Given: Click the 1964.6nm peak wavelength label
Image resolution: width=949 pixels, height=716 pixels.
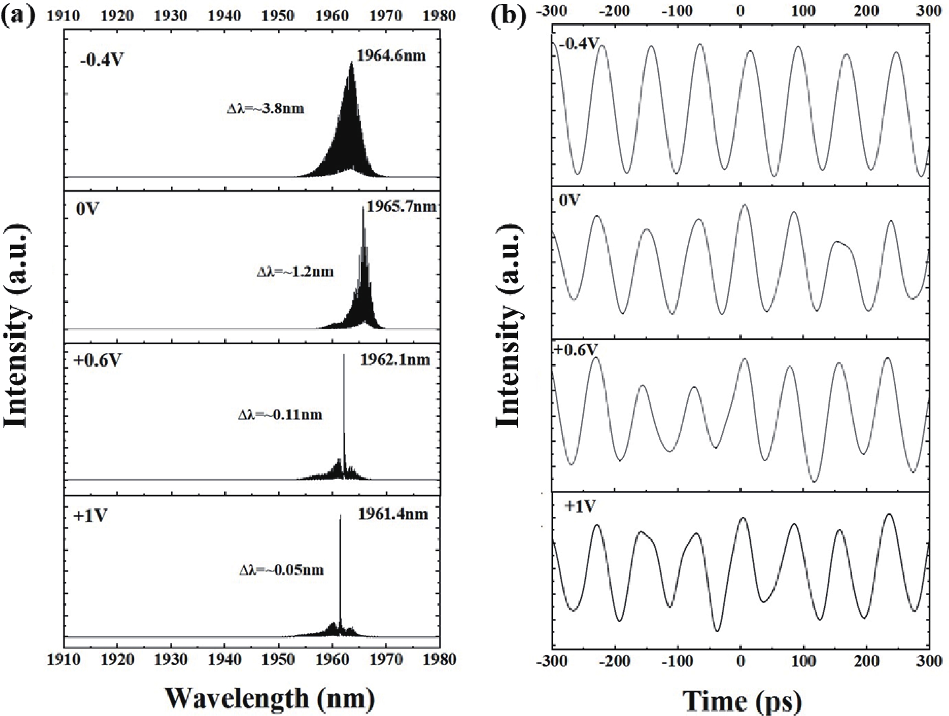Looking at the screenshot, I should click(x=391, y=55).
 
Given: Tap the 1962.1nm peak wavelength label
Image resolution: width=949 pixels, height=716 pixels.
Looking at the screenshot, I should click(x=395, y=360).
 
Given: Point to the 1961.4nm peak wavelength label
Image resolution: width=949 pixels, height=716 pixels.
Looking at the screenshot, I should click(x=393, y=513).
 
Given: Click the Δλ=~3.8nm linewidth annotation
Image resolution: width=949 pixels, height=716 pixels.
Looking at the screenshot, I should click(x=265, y=108).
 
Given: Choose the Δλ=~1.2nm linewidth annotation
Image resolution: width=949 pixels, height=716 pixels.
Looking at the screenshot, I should click(x=295, y=271).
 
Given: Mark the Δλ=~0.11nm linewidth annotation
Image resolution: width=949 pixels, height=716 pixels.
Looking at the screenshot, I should click(x=280, y=414).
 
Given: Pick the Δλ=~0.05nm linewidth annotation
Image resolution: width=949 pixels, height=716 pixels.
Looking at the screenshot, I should click(x=281, y=570).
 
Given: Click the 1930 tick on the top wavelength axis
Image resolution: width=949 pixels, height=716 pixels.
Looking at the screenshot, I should click(x=172, y=16).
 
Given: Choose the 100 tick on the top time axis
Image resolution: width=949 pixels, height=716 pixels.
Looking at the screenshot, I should click(x=804, y=10).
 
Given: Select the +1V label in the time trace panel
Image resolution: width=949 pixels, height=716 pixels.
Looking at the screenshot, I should click(x=581, y=506).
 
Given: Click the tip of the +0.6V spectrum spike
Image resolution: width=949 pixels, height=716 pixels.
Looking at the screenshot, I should click(x=344, y=355).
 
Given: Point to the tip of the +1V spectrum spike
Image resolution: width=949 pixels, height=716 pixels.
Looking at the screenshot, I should click(x=340, y=515).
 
